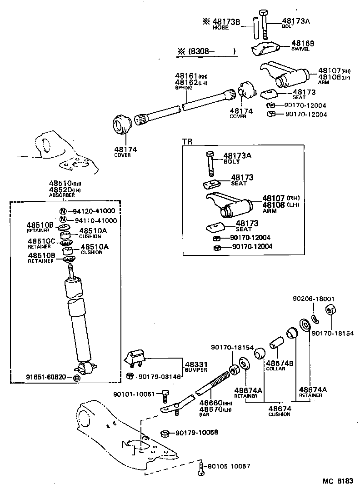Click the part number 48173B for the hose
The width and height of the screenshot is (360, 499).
[226, 21]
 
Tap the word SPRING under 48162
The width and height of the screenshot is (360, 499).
[184, 88]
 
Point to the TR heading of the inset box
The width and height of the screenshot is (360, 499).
[187, 141]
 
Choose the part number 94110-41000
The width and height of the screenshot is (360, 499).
[95, 220]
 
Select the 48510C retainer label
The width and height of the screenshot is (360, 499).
[41, 241]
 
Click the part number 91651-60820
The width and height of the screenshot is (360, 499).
[46, 378]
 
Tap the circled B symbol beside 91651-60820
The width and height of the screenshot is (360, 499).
[77, 378]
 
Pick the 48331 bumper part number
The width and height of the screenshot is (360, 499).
[196, 364]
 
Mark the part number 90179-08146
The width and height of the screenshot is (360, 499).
[160, 376]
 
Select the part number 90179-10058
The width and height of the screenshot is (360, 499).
[197, 432]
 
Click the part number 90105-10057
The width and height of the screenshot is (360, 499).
[229, 467]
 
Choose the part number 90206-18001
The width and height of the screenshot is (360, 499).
[313, 299]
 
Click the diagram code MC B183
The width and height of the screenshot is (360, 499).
[338, 480]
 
